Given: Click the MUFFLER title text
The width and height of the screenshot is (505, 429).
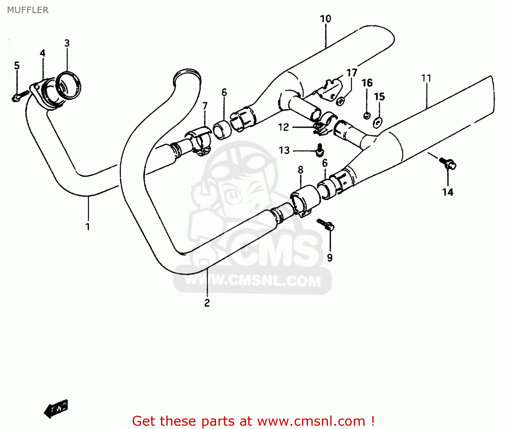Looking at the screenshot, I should pyautogui.click(x=28, y=10).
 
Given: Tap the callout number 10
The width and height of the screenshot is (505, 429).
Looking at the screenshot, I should pyautogui.click(x=326, y=19).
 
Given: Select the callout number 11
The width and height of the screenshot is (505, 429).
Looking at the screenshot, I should pyautogui.click(x=426, y=78).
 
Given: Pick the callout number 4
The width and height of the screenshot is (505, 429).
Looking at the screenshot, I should pyautogui.click(x=42, y=53).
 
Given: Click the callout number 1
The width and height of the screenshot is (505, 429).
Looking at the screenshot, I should pyautogui.click(x=88, y=227).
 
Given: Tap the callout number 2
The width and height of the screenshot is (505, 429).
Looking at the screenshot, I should pyautogui.click(x=207, y=303).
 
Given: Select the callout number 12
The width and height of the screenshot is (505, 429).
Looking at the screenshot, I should pyautogui.click(x=283, y=127).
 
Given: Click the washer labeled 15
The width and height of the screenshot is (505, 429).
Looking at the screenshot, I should pyautogui.click(x=378, y=122).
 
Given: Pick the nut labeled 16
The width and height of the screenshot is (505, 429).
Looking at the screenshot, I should pyautogui.click(x=367, y=115).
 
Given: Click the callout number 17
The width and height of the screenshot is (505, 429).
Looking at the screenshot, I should pyautogui.click(x=352, y=73).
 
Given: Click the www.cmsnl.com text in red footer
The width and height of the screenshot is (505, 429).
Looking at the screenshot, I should pyautogui.click(x=311, y=421).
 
